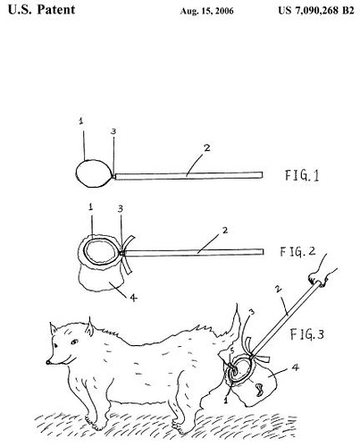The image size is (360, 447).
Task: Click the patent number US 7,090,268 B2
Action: tap(316, 11)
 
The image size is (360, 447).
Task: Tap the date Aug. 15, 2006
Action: tap(206, 12)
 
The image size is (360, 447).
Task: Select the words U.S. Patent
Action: tap(41, 9)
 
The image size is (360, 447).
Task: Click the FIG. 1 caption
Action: tap(302, 175)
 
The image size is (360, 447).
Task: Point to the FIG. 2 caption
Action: tap(297, 252)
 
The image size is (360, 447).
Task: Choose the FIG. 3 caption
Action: tap(307, 334)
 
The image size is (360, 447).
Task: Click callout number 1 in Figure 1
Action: tap(81, 121)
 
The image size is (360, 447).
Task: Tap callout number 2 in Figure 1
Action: tap(206, 148)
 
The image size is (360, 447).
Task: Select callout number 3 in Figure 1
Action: tap(113, 131)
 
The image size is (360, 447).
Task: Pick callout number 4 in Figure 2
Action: tap(133, 297)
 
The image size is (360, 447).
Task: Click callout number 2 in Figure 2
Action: tap(225, 230)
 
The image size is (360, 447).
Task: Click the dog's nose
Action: tap(48, 362)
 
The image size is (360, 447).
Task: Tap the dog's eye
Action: tap(74, 342)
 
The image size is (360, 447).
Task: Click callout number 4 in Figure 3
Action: tap(295, 367)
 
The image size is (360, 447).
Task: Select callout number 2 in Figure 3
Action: tap(279, 289)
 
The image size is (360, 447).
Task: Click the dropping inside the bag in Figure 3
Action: tap(259, 390)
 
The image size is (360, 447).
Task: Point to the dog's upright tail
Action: tap(236, 324)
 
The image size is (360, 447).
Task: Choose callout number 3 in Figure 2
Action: tap(121, 208)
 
